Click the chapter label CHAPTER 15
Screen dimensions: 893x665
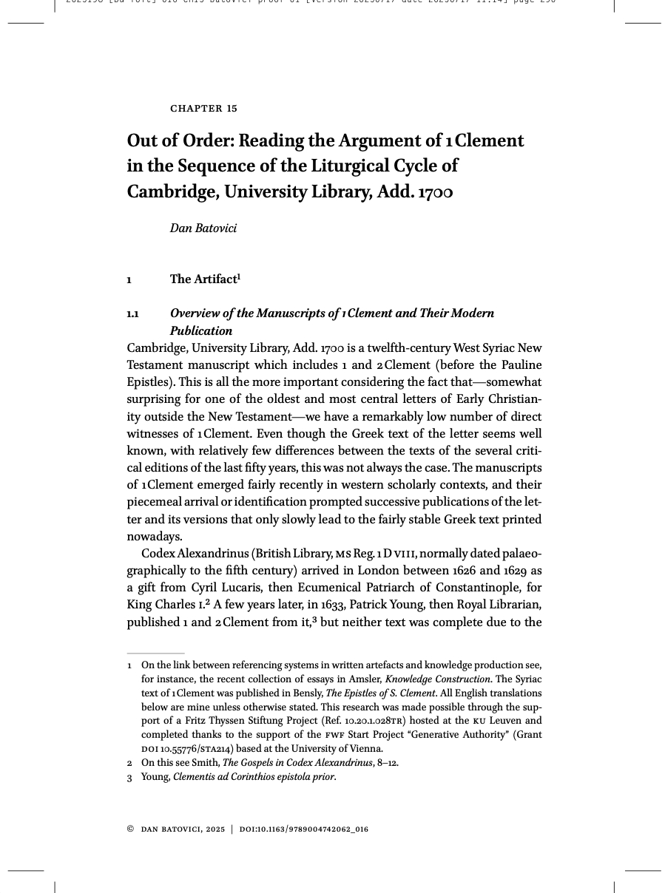coord(203,109)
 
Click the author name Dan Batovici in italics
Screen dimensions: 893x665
coord(203,228)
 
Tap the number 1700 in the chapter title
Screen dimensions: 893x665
coord(435,192)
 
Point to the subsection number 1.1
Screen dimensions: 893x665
coord(133,314)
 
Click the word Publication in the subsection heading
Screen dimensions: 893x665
coord(201,331)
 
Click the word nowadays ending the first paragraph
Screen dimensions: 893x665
coord(154,537)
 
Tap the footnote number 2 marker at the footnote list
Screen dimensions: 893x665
coord(129,763)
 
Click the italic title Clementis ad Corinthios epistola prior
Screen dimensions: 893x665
coord(254,777)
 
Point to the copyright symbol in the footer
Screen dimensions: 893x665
coord(130,829)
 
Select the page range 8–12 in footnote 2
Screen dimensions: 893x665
coord(388,763)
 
